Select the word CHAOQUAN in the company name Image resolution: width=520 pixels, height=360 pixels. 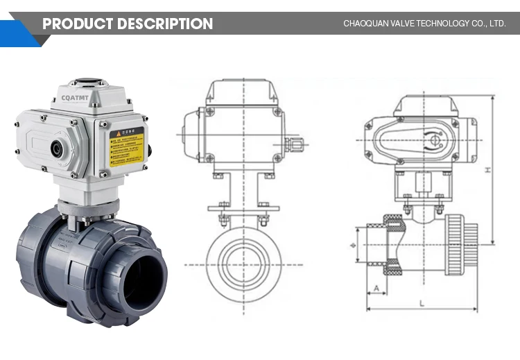pos(366,24)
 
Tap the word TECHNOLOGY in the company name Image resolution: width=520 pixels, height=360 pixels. pos(437,24)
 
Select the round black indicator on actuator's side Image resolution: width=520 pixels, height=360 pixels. pos(56,148)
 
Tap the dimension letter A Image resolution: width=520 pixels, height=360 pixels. pos(376,287)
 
